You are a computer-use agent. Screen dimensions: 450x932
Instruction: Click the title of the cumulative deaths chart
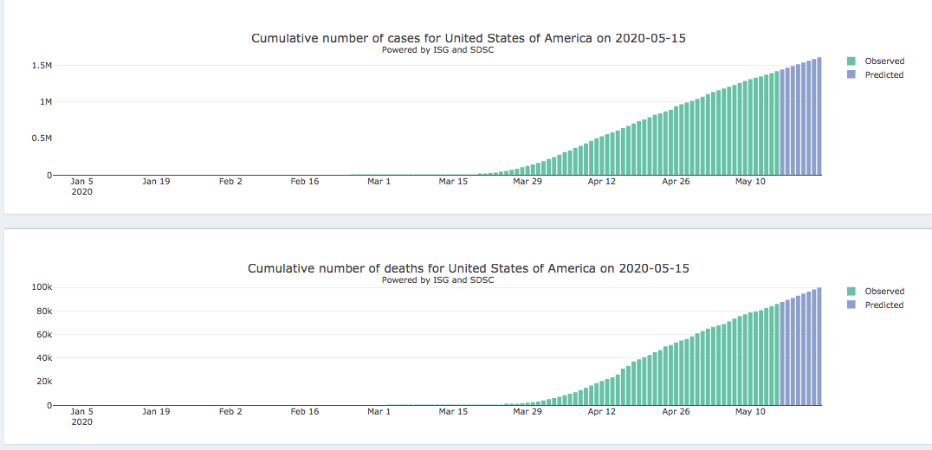pos(469,268)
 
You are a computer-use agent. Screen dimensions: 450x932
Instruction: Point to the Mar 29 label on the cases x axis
pos(527,182)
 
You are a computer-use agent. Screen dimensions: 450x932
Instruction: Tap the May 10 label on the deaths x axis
pos(750,412)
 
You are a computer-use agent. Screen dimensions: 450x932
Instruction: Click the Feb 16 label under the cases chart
pos(305,182)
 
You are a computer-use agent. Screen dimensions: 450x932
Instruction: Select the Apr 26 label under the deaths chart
pos(676,412)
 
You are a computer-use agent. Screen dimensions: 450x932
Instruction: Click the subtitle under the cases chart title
pos(437,50)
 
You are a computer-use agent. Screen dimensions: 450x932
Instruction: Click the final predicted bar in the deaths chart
pos(819,346)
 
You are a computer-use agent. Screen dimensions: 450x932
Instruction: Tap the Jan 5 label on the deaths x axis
pos(82,412)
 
